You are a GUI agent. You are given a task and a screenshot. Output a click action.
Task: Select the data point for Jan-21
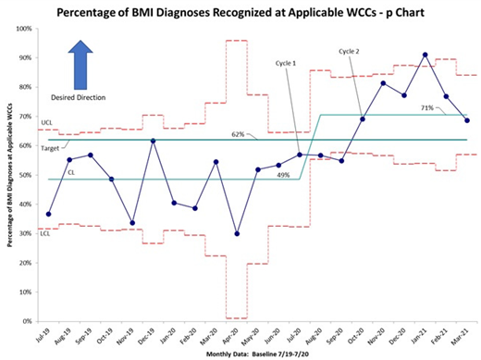click(x=425, y=55)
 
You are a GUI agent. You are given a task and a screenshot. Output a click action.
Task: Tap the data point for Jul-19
click(x=48, y=214)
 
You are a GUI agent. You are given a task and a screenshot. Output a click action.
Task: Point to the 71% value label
click(x=426, y=108)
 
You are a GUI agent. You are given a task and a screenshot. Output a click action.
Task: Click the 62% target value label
click(x=238, y=134)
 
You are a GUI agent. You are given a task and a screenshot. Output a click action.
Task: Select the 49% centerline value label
click(x=283, y=175)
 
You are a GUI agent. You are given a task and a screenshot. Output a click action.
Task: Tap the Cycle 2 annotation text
click(x=350, y=51)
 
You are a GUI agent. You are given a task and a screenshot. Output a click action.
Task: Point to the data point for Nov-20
click(x=383, y=83)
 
